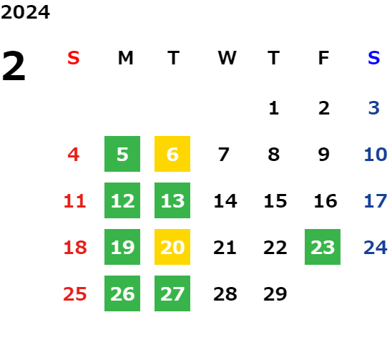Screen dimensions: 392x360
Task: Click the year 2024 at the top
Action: coord(25,12)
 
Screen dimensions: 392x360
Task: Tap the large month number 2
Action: coord(14,66)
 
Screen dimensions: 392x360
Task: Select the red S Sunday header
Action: coord(74,58)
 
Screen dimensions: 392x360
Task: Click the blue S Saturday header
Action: coord(373,58)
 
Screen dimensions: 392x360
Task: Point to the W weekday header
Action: coord(227,58)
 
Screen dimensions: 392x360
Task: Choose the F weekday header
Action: coord(324,58)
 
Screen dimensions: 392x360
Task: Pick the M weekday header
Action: coord(125,58)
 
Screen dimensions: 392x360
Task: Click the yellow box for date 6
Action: coord(172,154)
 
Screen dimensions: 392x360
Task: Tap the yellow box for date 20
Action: coord(172,247)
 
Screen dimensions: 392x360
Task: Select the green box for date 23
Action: coord(323,247)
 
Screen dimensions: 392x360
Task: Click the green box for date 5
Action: coord(122,154)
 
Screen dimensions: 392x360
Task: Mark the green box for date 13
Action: coord(172,200)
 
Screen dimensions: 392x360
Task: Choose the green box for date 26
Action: coord(122,293)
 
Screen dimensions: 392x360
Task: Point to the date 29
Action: coord(275,293)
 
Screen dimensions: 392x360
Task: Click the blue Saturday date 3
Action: coord(374,108)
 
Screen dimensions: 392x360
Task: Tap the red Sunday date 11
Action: coord(74,201)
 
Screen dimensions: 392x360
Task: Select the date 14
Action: coord(225,201)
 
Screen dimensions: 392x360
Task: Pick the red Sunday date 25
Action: coord(75,293)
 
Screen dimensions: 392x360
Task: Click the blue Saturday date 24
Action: coord(376,248)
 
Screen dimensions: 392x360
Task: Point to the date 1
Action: coord(274,108)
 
